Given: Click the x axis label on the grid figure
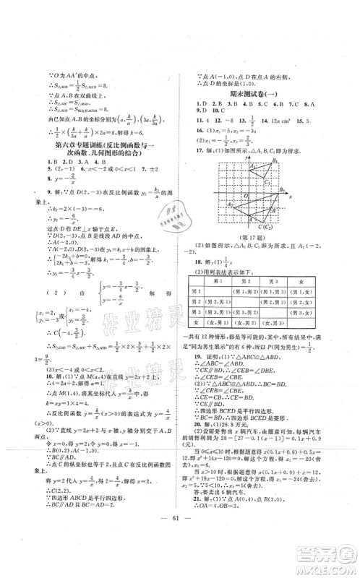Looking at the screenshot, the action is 290,196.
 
